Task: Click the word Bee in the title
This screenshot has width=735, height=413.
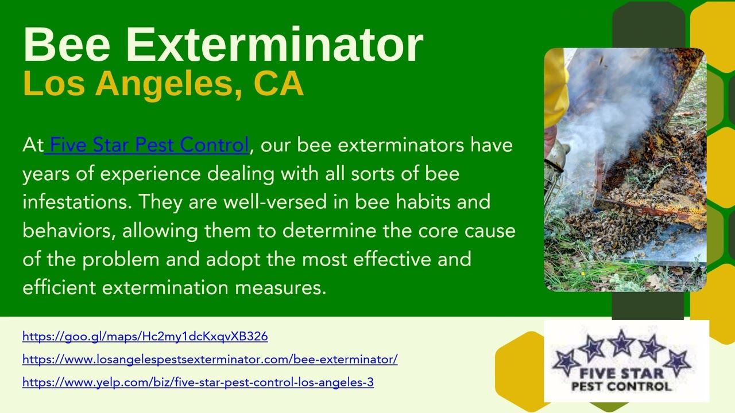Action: (x=67, y=44)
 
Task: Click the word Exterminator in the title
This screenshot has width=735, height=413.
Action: (x=274, y=44)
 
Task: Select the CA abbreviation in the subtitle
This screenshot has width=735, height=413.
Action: (x=278, y=83)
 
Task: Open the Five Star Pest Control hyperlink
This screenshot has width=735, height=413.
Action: (x=146, y=145)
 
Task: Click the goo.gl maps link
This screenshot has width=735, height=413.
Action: (x=145, y=337)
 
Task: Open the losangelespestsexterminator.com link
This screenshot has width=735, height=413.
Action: (x=210, y=360)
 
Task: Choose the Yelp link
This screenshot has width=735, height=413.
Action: (x=198, y=383)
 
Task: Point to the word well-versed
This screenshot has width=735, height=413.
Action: (x=275, y=201)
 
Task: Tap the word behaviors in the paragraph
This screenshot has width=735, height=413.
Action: (x=69, y=230)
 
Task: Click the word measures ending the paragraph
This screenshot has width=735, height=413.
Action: (x=281, y=288)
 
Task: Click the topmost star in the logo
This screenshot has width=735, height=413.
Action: (x=621, y=343)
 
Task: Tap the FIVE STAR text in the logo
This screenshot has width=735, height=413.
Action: (x=621, y=373)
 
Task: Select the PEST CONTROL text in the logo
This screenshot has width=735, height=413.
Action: (x=621, y=386)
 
